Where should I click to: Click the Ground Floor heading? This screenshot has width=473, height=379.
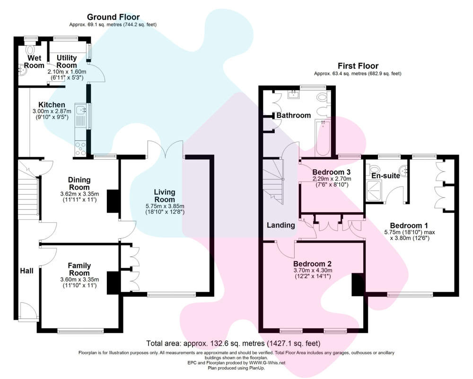[x=113, y=18]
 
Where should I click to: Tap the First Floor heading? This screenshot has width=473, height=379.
[x=358, y=66]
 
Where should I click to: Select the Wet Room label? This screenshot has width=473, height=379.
[x=34, y=62]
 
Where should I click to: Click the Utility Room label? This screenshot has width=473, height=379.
[x=67, y=62]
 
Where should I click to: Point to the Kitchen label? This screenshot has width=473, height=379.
[x=52, y=105]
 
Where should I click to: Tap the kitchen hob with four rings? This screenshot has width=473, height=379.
[x=80, y=148]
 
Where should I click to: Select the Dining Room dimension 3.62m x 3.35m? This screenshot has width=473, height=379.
[x=79, y=194]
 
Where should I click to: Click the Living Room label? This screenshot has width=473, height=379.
[x=165, y=196]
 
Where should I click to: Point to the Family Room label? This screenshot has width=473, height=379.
[x=79, y=269]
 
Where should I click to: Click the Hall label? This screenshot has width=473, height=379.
[x=26, y=271]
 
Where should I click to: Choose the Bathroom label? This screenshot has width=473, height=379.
[x=294, y=115]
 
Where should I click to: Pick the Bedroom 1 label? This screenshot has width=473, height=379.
[x=409, y=226]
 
